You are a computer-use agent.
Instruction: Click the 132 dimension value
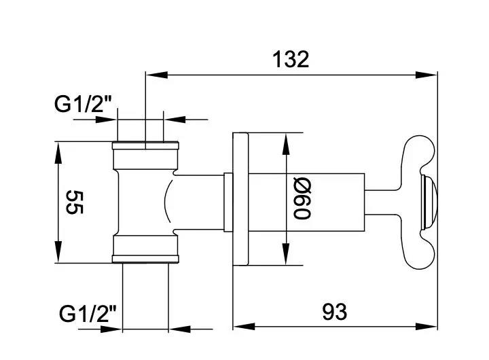[290, 59]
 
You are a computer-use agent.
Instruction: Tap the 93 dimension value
[334, 312]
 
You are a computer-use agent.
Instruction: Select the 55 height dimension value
[73, 202]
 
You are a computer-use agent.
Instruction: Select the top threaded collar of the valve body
[146, 154]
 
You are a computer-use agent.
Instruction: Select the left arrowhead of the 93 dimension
[240, 326]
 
